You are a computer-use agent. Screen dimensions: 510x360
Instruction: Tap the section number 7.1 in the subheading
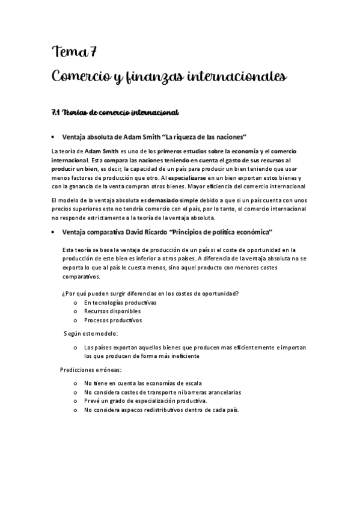click(57, 112)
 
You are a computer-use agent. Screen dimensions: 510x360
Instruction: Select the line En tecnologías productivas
click(120, 303)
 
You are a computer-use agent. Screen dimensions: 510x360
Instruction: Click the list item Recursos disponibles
click(112, 312)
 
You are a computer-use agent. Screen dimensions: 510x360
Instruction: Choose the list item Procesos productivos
click(113, 321)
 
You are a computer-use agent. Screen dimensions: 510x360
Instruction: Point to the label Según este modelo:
click(91, 333)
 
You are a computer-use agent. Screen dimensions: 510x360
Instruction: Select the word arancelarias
click(221, 392)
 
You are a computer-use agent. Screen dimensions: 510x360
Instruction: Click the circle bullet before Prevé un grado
click(75, 401)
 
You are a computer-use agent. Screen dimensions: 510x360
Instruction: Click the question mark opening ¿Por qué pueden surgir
click(63, 293)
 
